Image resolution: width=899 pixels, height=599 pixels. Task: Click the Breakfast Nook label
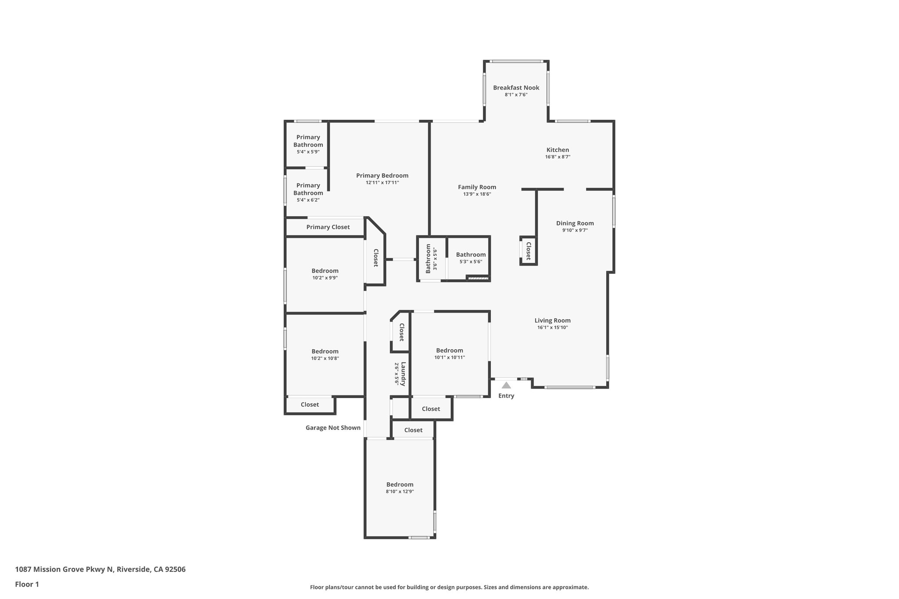516,88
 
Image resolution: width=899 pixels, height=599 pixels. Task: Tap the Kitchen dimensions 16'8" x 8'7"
557,157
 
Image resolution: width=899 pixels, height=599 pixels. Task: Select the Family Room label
477,187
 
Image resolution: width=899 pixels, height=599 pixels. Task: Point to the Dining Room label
575,223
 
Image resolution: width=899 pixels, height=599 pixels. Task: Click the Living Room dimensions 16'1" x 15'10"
552,327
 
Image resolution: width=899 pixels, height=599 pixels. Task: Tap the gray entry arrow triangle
506,385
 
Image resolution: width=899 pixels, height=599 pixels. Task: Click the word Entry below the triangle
506,396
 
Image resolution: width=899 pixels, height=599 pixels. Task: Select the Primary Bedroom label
382,176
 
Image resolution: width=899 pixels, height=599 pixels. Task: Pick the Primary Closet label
328,227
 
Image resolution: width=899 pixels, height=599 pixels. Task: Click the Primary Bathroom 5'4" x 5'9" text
308,152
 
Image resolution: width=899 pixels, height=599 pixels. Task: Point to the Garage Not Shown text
333,428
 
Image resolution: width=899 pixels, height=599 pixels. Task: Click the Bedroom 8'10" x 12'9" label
399,484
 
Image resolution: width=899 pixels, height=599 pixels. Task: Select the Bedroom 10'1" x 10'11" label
449,351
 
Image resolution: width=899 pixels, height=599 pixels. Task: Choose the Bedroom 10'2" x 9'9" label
325,271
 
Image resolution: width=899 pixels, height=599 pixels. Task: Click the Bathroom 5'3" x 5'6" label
471,255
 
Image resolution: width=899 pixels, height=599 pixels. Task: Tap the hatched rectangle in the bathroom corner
478,278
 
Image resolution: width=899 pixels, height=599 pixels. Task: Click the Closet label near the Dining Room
529,251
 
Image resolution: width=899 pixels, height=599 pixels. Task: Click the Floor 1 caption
27,585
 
